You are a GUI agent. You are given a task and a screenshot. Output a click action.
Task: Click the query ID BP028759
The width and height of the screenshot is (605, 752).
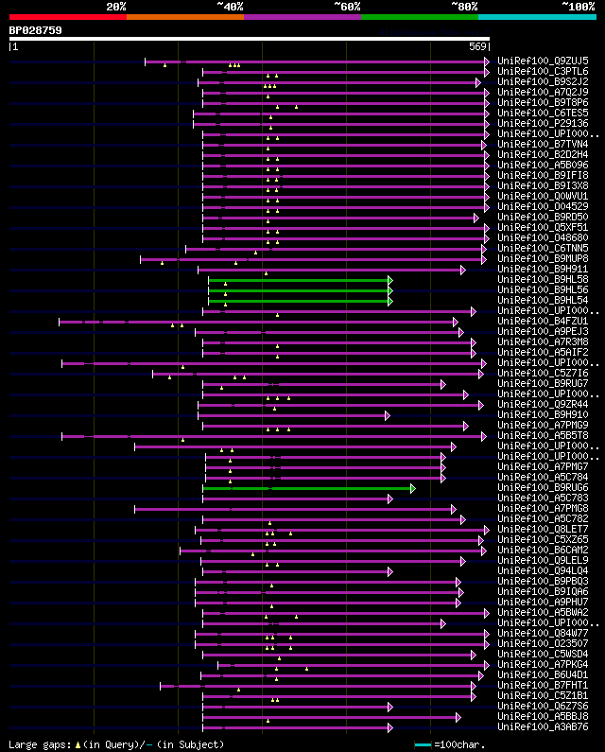coord(35,30)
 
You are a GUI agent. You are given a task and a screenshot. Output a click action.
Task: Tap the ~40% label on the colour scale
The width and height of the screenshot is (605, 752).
coord(230,6)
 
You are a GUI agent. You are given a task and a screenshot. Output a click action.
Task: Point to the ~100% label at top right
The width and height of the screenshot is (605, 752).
coord(578,6)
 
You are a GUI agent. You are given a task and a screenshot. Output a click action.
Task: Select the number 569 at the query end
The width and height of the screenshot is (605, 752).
coord(476,46)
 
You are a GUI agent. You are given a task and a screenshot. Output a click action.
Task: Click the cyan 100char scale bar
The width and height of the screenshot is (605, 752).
coord(423,744)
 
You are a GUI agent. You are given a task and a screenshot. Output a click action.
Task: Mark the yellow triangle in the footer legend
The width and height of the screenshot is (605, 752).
coord(78,744)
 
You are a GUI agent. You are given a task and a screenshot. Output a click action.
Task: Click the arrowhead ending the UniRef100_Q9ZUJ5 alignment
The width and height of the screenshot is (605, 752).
coord(487,61)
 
